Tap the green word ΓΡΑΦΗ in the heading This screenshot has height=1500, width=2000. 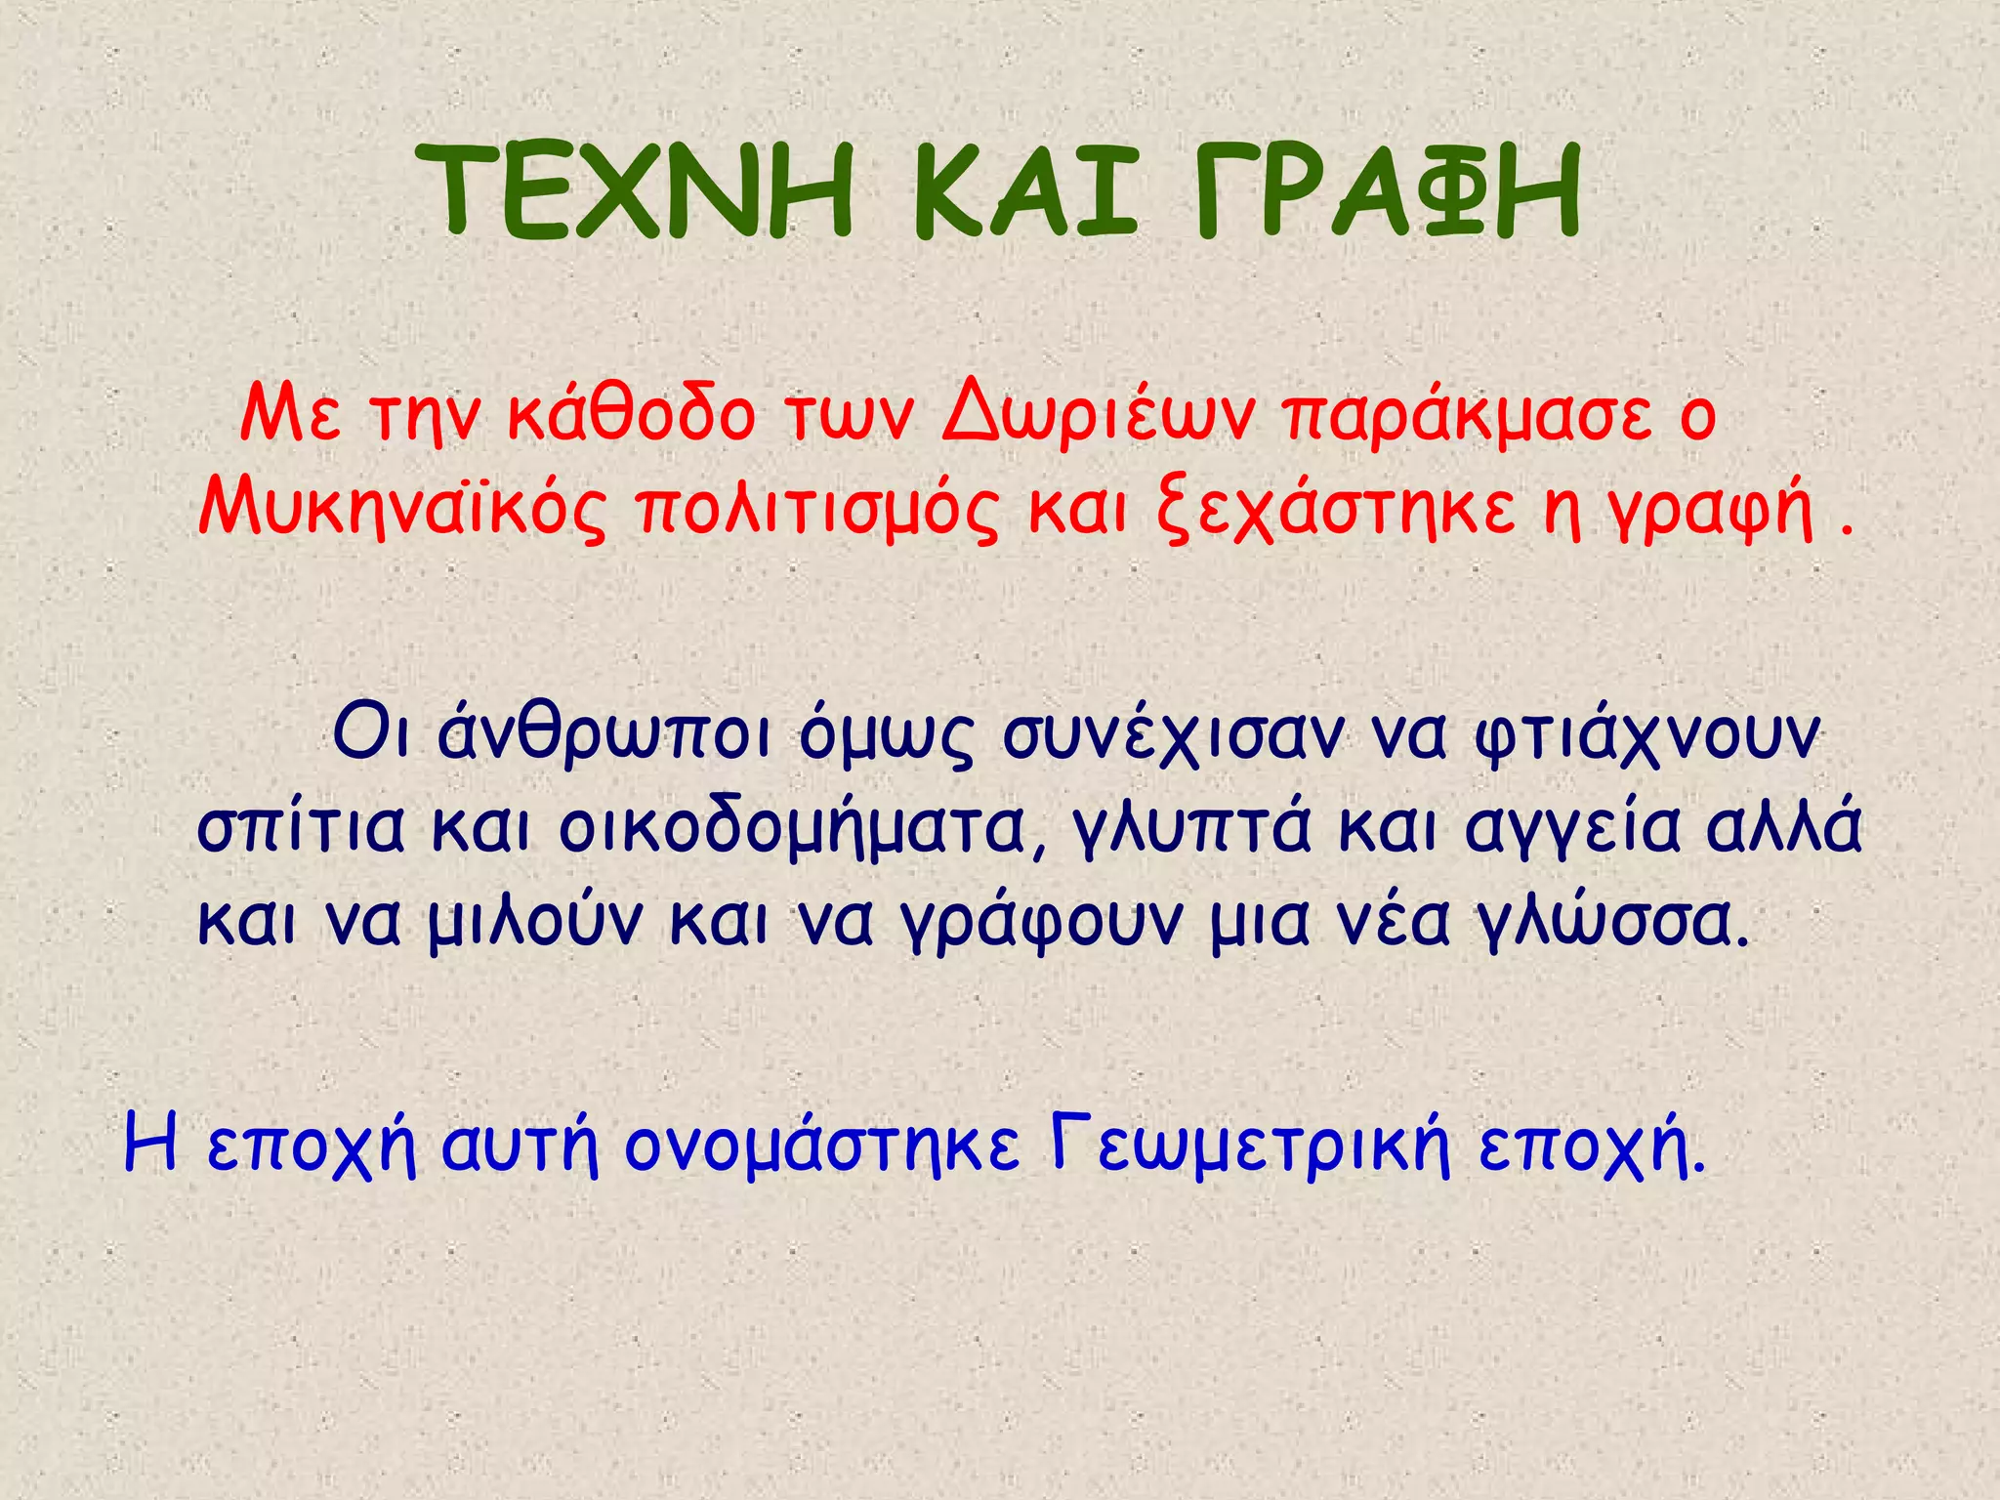[1387, 191]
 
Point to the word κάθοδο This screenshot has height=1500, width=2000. [632, 415]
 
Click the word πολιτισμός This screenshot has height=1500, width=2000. [818, 510]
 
